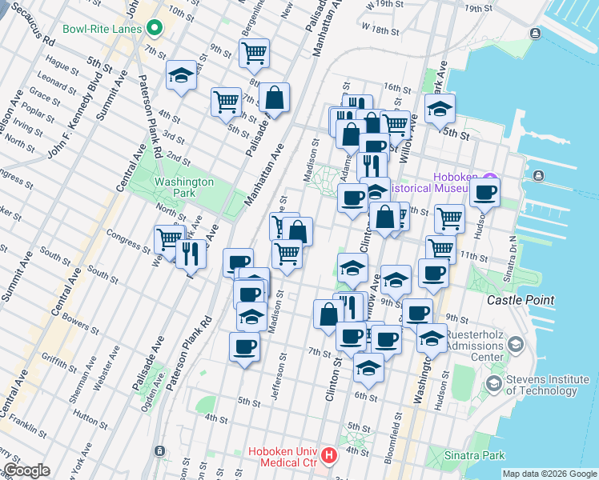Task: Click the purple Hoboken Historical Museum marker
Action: point(491,177)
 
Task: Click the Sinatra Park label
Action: point(475,455)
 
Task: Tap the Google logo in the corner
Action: point(27,470)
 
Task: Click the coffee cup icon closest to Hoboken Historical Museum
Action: point(484,192)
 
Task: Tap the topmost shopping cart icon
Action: point(254,53)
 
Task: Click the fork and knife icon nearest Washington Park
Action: point(191,253)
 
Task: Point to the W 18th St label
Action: point(380,30)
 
